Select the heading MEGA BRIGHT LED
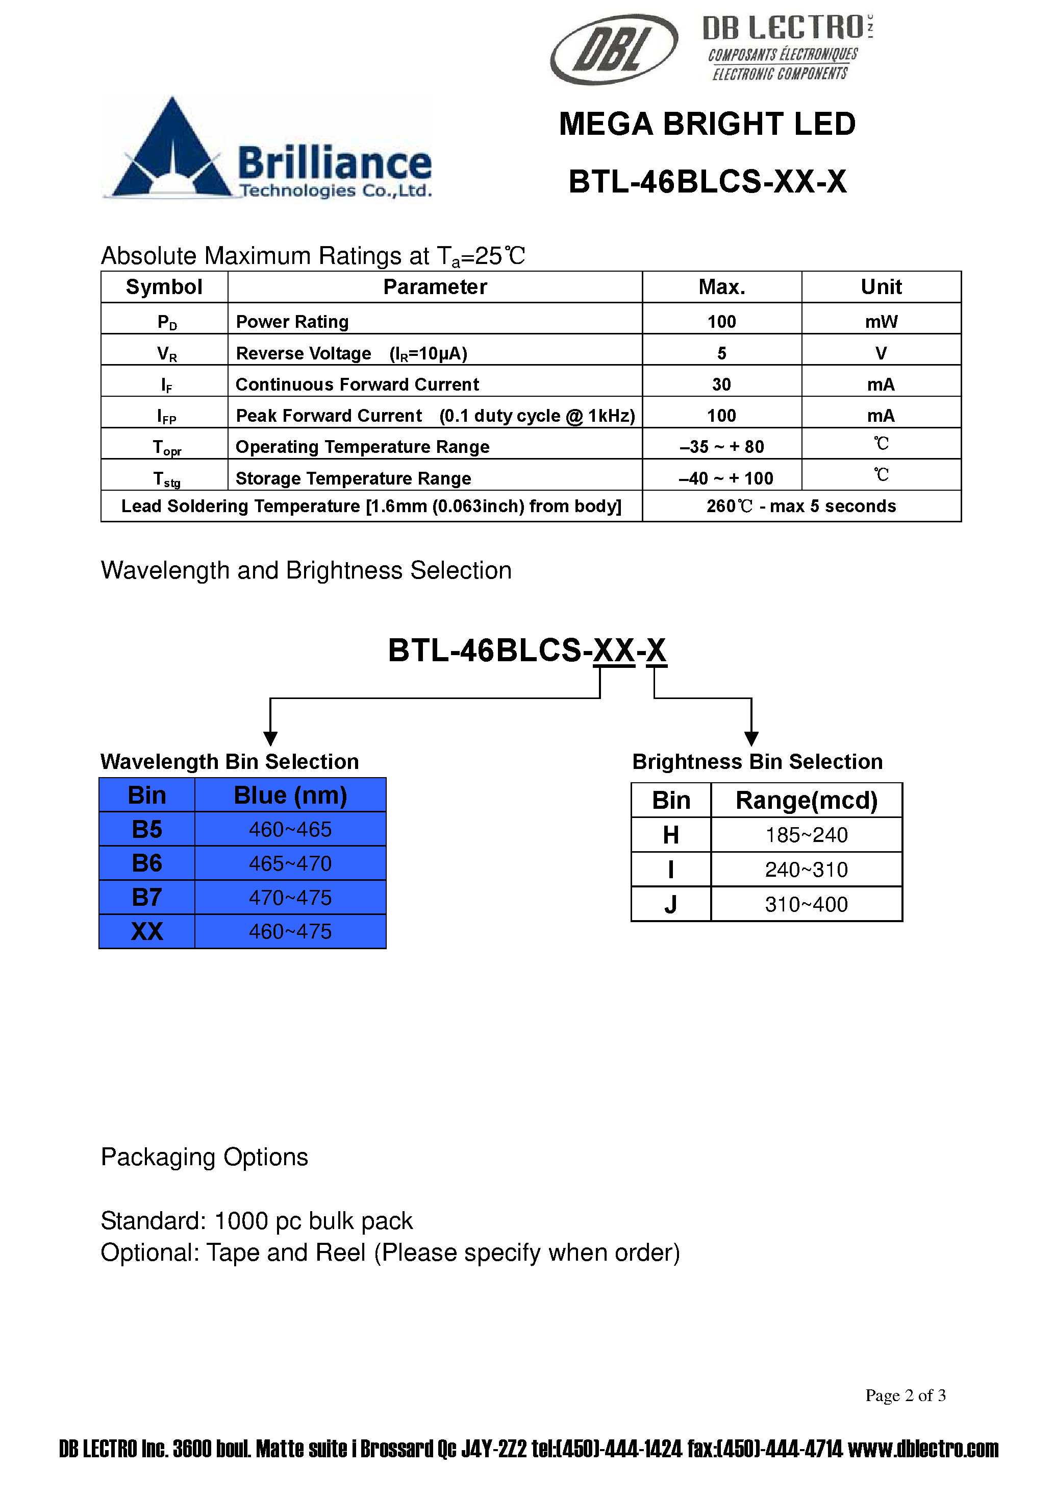(x=707, y=124)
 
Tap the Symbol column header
(x=164, y=287)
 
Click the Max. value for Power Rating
(x=721, y=321)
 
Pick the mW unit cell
(x=881, y=321)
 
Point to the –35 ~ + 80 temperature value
(x=721, y=447)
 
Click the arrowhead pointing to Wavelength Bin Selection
(x=270, y=738)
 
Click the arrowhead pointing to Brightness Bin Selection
(x=751, y=738)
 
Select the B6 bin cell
(x=147, y=863)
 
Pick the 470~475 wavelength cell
(x=290, y=897)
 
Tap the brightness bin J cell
(x=670, y=904)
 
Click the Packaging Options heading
(x=204, y=1157)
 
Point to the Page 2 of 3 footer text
(x=905, y=1395)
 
